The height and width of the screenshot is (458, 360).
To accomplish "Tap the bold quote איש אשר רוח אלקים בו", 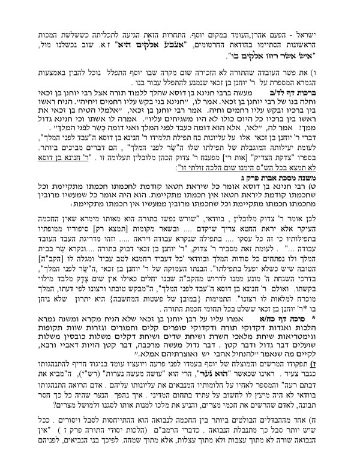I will tap(267, 40).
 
